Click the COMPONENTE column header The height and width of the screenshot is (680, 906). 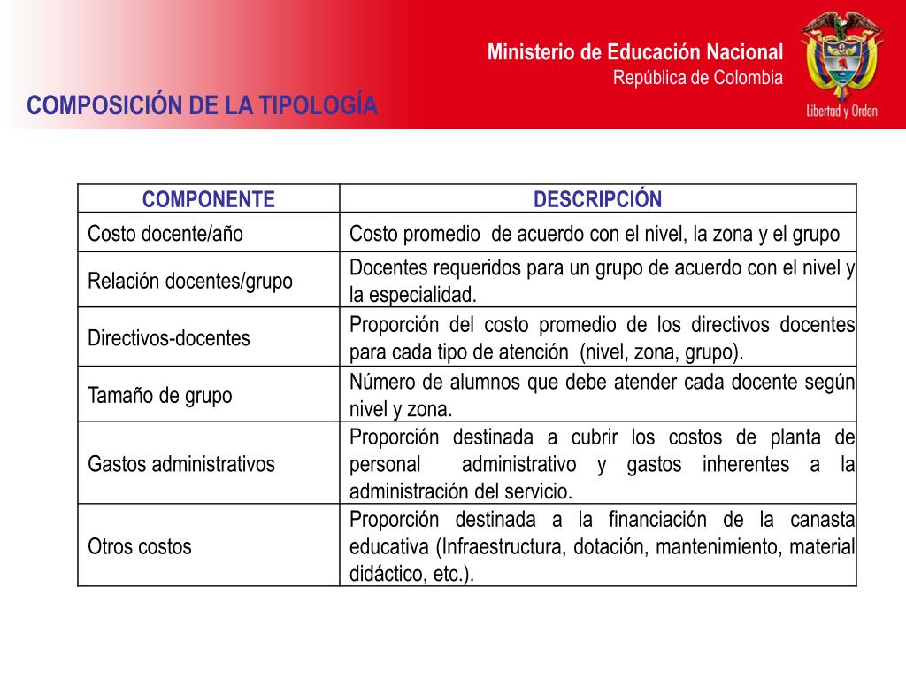click(209, 199)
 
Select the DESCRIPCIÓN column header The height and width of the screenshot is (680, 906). click(597, 199)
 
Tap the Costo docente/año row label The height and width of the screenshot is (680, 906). click(165, 235)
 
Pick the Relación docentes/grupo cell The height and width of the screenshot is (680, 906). click(190, 282)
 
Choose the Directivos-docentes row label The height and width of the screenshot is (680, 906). click(169, 338)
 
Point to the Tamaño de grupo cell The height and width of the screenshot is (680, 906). click(160, 395)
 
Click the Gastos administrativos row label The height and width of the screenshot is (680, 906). click(181, 464)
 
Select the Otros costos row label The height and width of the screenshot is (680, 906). click(140, 546)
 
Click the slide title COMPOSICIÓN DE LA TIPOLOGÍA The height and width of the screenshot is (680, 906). click(203, 106)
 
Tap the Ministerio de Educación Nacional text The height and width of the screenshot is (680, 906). click(635, 52)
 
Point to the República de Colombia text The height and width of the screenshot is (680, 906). click(698, 78)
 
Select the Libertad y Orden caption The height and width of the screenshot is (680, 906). click(841, 111)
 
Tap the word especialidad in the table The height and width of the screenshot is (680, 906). click(421, 295)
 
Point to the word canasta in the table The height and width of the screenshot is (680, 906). click(823, 519)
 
